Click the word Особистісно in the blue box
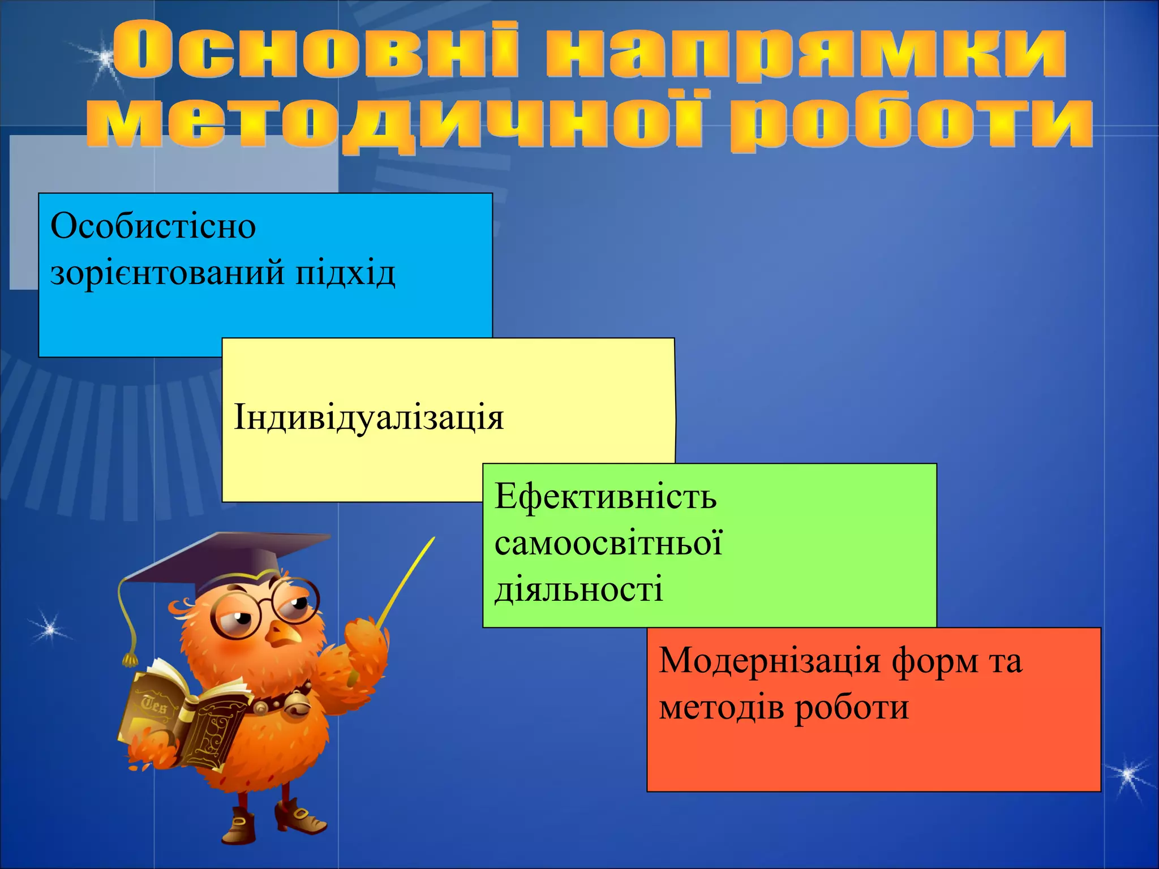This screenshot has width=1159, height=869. tap(153, 226)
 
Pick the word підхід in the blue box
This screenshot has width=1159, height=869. tap(345, 273)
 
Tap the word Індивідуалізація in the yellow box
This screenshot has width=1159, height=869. tap(368, 418)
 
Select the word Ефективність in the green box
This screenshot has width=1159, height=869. tap(606, 497)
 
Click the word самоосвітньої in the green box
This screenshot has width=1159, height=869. tap(608, 543)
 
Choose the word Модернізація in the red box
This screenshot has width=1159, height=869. tap(770, 661)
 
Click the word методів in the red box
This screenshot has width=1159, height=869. tap(721, 707)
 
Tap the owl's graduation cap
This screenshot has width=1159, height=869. tap(226, 560)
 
